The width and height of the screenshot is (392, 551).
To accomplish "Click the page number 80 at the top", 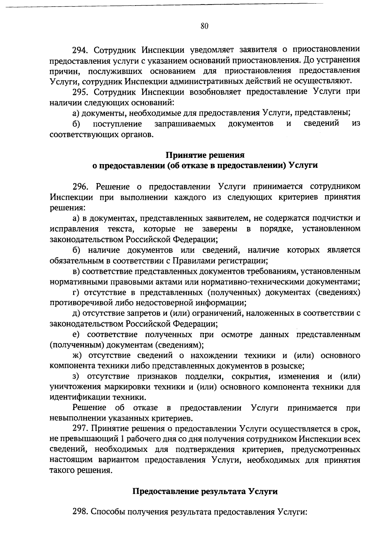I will (x=205, y=26).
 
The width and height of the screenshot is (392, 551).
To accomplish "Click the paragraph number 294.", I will (x=80, y=50).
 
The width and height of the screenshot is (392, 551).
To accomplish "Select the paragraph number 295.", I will (x=80, y=92).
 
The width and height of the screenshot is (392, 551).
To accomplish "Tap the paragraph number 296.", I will (x=80, y=187).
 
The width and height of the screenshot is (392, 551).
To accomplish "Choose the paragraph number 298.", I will (x=80, y=512).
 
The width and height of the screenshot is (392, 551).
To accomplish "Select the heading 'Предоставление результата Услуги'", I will (x=205, y=491).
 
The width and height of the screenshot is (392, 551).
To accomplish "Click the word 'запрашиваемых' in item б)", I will (x=185, y=124).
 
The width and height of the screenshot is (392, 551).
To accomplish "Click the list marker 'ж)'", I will (x=77, y=355).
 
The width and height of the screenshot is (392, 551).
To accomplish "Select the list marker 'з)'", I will (x=76, y=376).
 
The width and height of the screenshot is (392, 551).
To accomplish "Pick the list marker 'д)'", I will (x=76, y=313).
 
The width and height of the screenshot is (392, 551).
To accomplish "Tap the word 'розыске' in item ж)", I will (x=290, y=366).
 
